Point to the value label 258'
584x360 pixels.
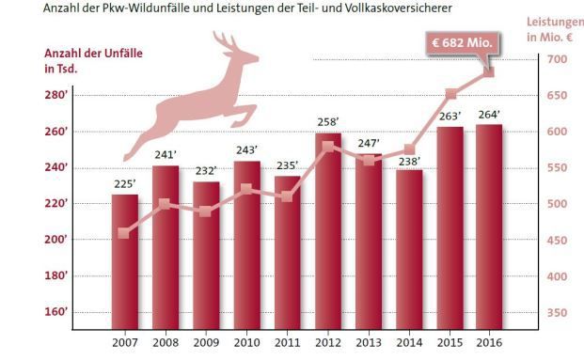point(328,123)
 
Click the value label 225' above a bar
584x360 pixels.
point(125,185)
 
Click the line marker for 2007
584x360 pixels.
point(125,233)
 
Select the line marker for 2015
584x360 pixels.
point(450,94)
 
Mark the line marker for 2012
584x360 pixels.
point(328,146)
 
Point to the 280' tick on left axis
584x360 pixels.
point(55,96)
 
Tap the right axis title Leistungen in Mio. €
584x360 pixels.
point(555,28)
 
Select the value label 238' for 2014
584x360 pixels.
point(409,160)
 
